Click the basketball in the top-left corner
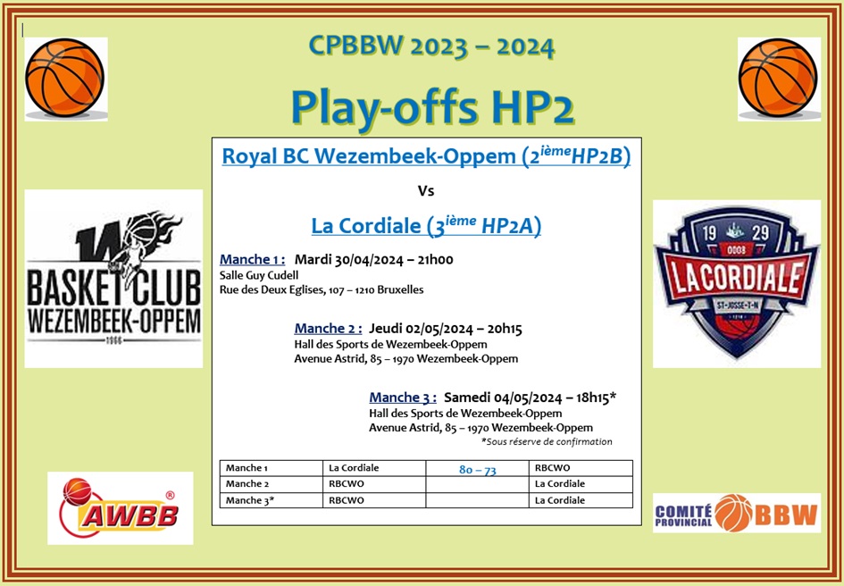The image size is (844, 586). click(x=65, y=78)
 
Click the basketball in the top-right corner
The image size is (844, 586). click(x=778, y=78)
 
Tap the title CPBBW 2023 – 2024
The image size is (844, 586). click(x=431, y=46)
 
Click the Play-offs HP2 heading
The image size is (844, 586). click(x=432, y=108)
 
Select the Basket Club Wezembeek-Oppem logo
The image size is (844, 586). click(x=113, y=279)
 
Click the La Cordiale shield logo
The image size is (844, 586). click(x=736, y=284)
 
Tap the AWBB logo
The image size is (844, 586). click(x=120, y=508)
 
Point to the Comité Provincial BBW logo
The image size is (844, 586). click(x=736, y=513)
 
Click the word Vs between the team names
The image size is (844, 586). click(x=426, y=191)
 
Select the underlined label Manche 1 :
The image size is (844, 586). click(x=252, y=260)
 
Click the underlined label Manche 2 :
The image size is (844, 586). click(x=328, y=329)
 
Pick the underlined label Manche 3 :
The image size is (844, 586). click(x=403, y=398)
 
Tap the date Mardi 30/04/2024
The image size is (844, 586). click(x=349, y=260)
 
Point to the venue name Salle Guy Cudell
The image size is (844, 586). click(x=259, y=276)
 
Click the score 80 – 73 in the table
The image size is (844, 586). click(x=478, y=470)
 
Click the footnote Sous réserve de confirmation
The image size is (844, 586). click(x=547, y=441)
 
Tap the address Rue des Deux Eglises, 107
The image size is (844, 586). click(x=280, y=289)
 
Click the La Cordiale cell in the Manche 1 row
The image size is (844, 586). click(x=354, y=467)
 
